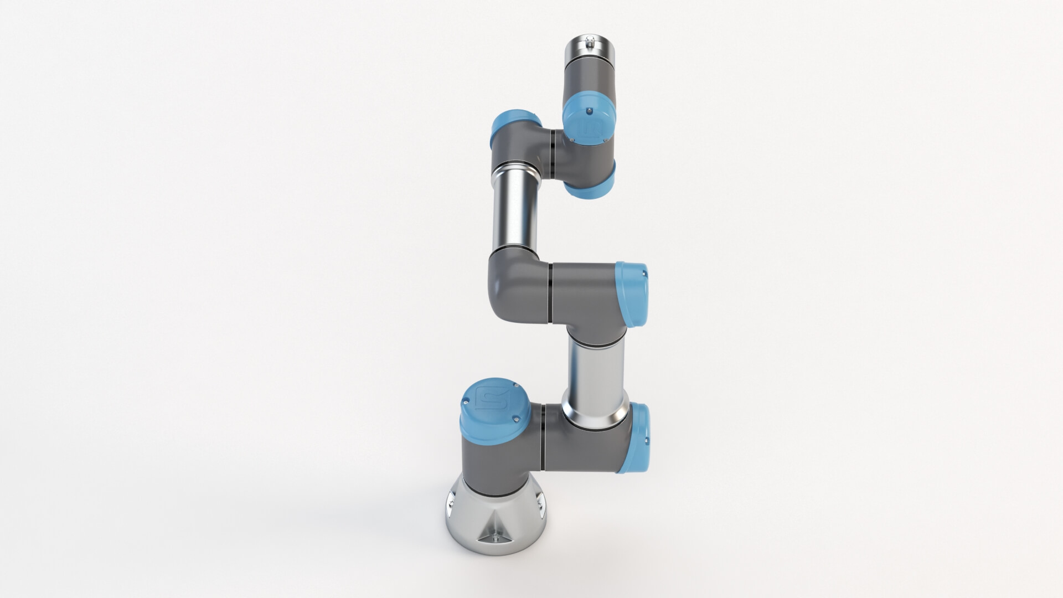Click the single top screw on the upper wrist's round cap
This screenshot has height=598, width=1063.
point(590,110)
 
